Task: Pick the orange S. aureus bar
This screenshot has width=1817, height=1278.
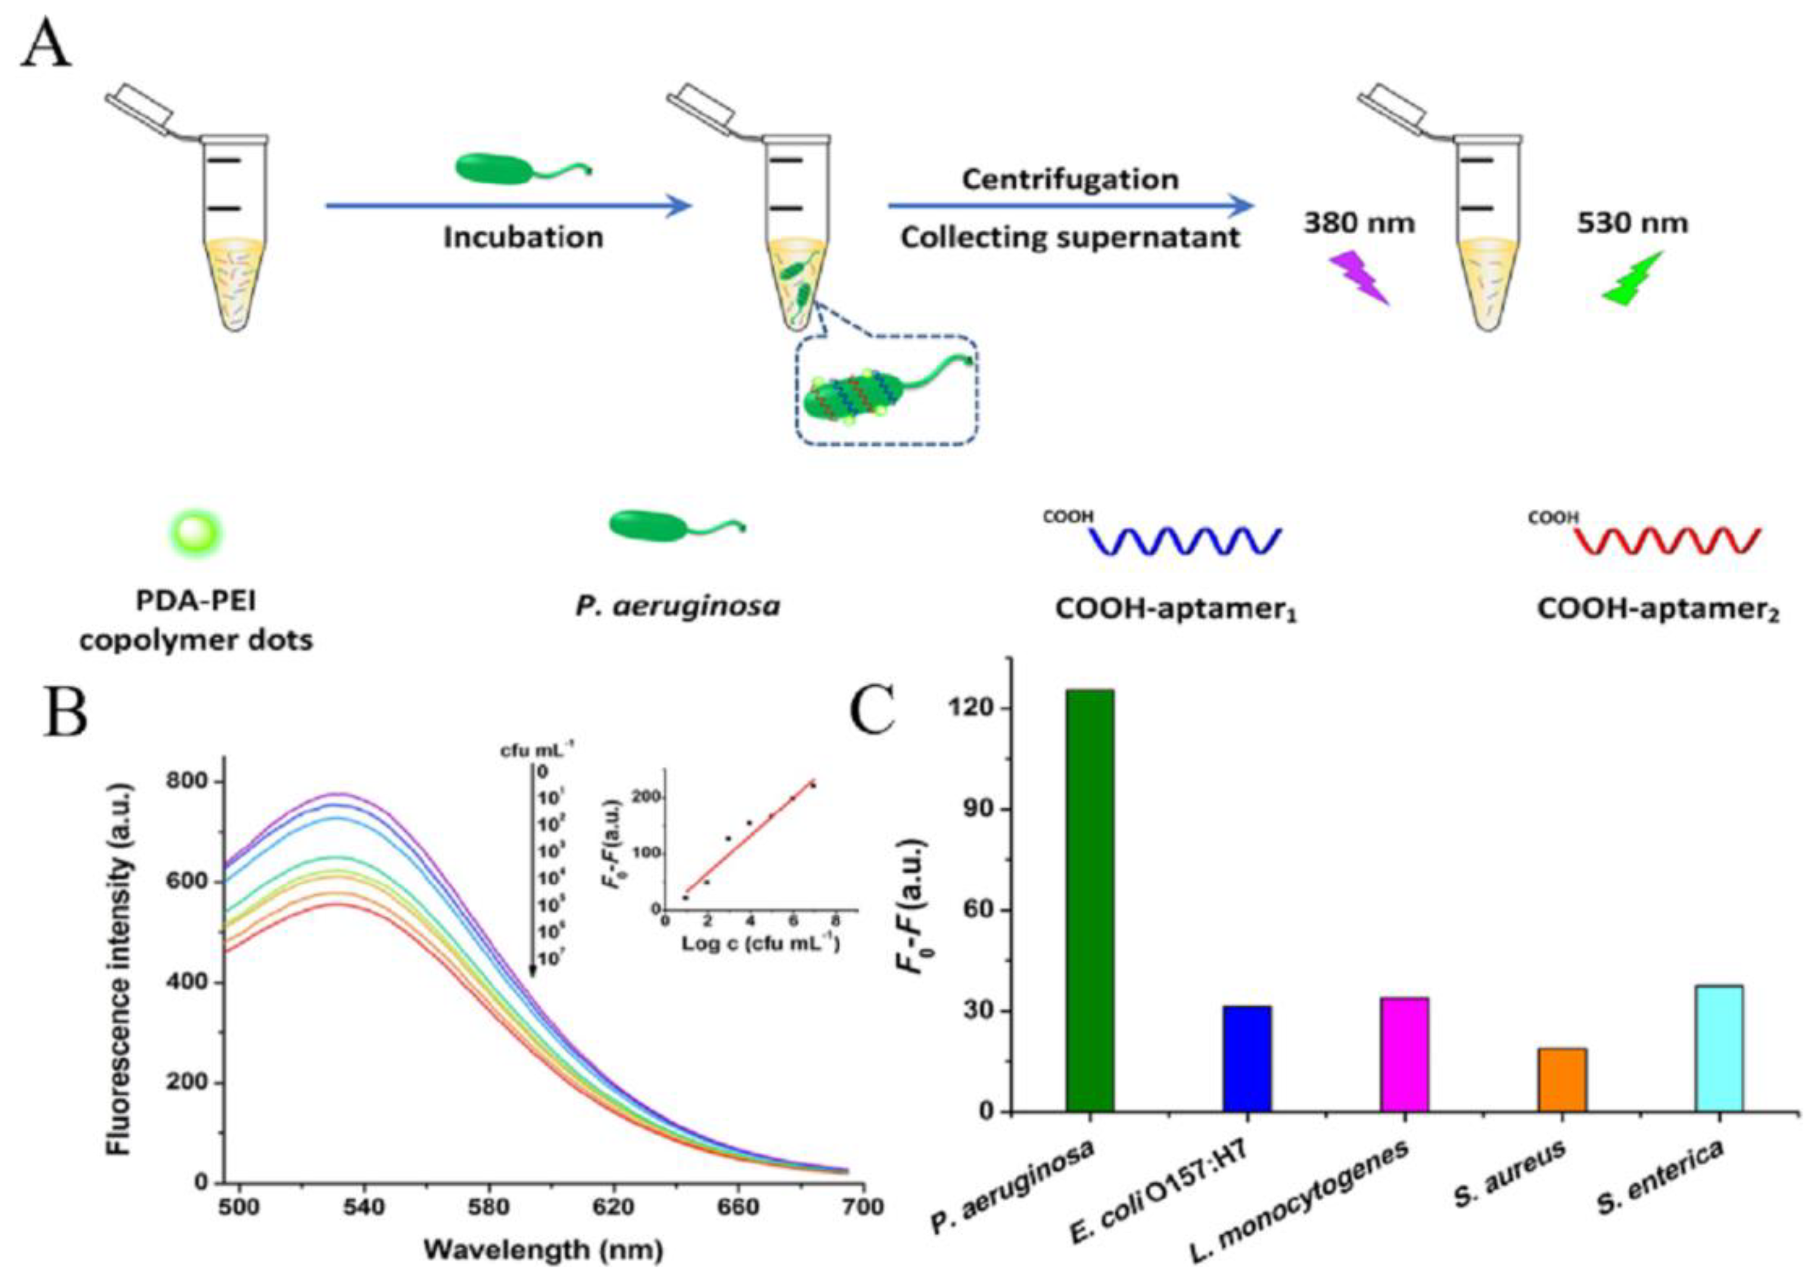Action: tap(1562, 1080)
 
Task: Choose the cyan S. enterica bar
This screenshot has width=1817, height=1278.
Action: tap(1719, 1048)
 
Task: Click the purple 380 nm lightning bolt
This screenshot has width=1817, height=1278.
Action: tap(1358, 278)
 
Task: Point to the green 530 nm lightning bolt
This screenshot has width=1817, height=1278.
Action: tap(1632, 279)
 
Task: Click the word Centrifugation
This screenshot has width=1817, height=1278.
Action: tap(1070, 179)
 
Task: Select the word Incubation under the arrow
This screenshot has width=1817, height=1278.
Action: tap(523, 237)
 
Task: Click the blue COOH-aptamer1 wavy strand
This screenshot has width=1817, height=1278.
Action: tap(1185, 540)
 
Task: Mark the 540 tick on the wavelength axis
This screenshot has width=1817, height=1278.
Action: tap(364, 1208)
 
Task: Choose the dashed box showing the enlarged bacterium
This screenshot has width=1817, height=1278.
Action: tap(887, 390)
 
